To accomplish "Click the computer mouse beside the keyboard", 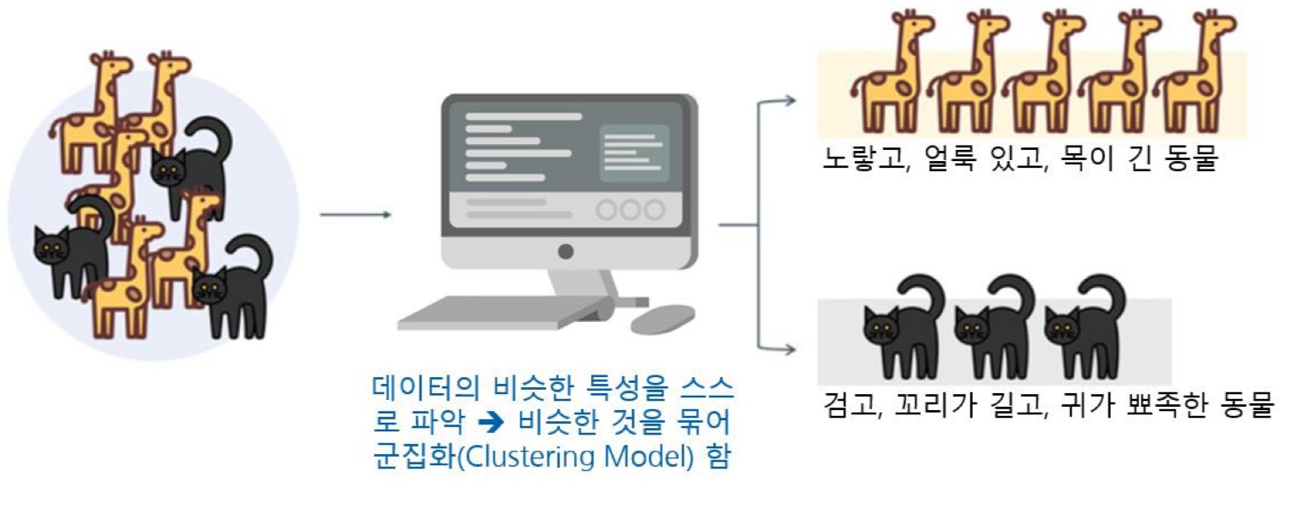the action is (x=663, y=319).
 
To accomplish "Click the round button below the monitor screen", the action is (x=566, y=252).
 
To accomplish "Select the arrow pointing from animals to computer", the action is (x=355, y=214).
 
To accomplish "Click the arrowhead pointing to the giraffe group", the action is (x=790, y=101).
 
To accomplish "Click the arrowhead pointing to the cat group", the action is (x=790, y=350).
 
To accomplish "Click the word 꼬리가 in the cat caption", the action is (x=936, y=404).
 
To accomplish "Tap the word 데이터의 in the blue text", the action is (x=426, y=387).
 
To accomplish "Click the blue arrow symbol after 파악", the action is (x=491, y=422).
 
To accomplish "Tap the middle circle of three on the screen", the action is (x=630, y=209).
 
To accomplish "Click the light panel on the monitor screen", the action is (x=635, y=153).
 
